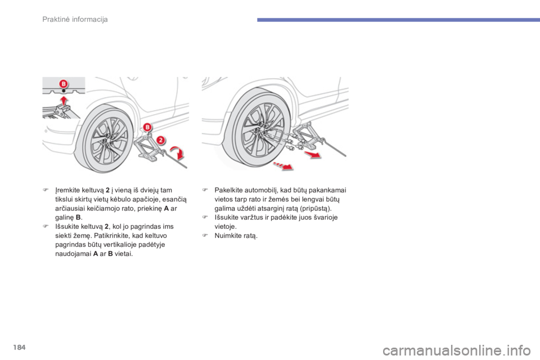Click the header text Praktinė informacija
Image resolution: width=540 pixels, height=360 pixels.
pyautogui.click(x=75, y=19)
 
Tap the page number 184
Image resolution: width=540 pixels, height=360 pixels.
pyautogui.click(x=20, y=347)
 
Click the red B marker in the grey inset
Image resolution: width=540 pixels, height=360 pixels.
pyautogui.click(x=64, y=84)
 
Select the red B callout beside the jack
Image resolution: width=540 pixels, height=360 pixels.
pyautogui.click(x=147, y=127)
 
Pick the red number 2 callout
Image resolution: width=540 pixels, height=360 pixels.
pyautogui.click(x=161, y=140)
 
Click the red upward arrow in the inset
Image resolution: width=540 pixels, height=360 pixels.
pyautogui.click(x=64, y=101)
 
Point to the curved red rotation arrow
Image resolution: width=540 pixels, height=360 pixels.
pyautogui.click(x=179, y=153)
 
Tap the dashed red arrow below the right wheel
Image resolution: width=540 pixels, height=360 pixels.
pyautogui.click(x=283, y=166)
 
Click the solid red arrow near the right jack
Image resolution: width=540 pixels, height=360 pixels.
pyautogui.click(x=312, y=154)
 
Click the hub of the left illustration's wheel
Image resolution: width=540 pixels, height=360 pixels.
pyautogui.click(x=105, y=141)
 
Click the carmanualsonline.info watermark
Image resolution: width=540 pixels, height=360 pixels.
pyautogui.click(x=457, y=351)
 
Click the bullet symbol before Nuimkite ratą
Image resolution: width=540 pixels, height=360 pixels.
pyautogui.click(x=205, y=236)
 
